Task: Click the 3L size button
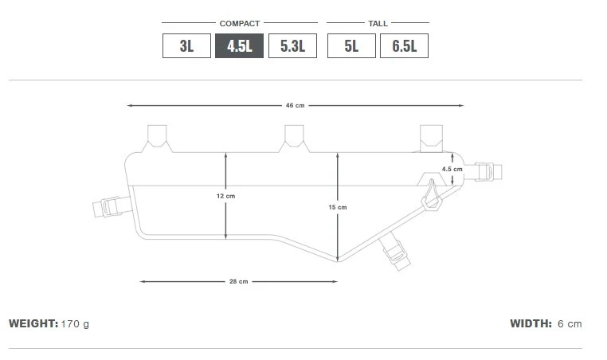pyautogui.click(x=186, y=46)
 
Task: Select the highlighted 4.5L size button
pyautogui.click(x=239, y=46)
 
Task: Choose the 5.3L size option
pyautogui.click(x=292, y=46)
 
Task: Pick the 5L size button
pyautogui.click(x=351, y=46)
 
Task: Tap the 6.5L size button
pyautogui.click(x=404, y=46)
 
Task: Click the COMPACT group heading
pyautogui.click(x=240, y=23)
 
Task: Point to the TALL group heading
pyautogui.click(x=378, y=23)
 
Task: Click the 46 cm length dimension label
pyautogui.click(x=295, y=105)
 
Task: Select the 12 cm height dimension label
pyautogui.click(x=225, y=196)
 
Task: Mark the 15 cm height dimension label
pyautogui.click(x=337, y=207)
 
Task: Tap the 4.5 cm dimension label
pyautogui.click(x=452, y=169)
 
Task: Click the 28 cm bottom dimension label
pyautogui.click(x=238, y=281)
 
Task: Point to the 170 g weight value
pyautogui.click(x=76, y=324)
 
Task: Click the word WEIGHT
pyautogui.click(x=33, y=324)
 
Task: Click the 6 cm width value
pyautogui.click(x=570, y=324)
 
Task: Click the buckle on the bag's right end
pyautogui.click(x=487, y=171)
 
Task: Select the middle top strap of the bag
pyautogui.click(x=293, y=136)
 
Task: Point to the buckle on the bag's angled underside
pyautogui.click(x=395, y=252)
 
